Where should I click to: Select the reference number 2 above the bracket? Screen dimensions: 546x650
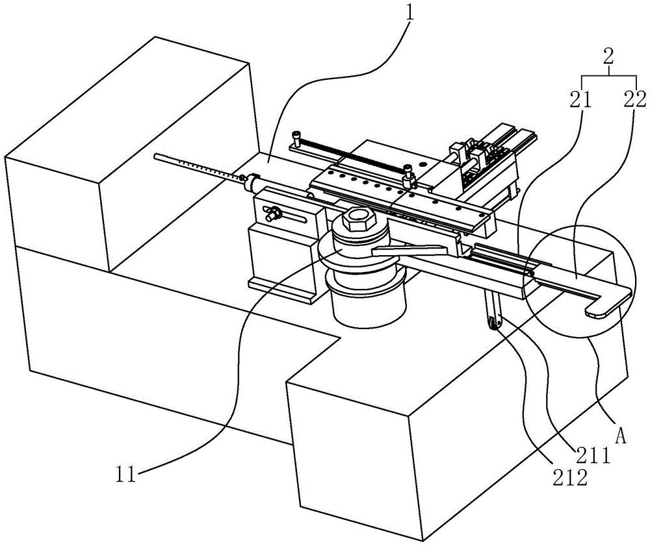tap(609, 56)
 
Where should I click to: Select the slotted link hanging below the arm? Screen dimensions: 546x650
tap(496, 312)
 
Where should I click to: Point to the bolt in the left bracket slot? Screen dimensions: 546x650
tap(274, 212)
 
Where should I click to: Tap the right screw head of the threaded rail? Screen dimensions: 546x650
tap(408, 173)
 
